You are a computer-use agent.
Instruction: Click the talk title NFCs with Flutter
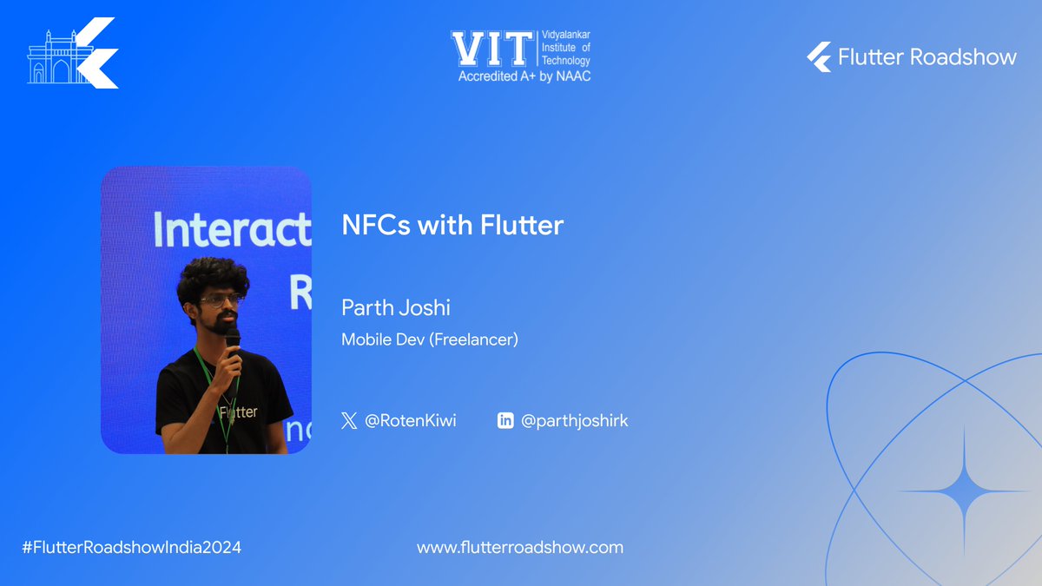pyautogui.click(x=452, y=226)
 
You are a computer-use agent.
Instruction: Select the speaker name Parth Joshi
pyautogui.click(x=396, y=308)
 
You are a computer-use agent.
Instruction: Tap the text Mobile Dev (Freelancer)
pyautogui.click(x=429, y=339)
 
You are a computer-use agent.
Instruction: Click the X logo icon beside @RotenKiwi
pyautogui.click(x=349, y=421)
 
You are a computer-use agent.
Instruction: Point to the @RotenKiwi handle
pyautogui.click(x=410, y=421)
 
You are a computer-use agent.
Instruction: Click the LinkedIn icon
pyautogui.click(x=505, y=421)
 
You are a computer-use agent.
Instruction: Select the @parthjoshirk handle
pyautogui.click(x=574, y=421)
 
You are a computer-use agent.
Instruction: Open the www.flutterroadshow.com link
pyautogui.click(x=519, y=548)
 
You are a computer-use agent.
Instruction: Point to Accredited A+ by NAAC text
pyautogui.click(x=524, y=76)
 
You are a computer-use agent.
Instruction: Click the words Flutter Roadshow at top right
pyautogui.click(x=927, y=57)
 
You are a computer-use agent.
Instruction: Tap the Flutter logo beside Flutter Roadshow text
pyautogui.click(x=818, y=57)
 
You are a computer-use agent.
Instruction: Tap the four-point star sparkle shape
pyautogui.click(x=964, y=491)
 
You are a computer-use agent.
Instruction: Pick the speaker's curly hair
pyautogui.click(x=212, y=274)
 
